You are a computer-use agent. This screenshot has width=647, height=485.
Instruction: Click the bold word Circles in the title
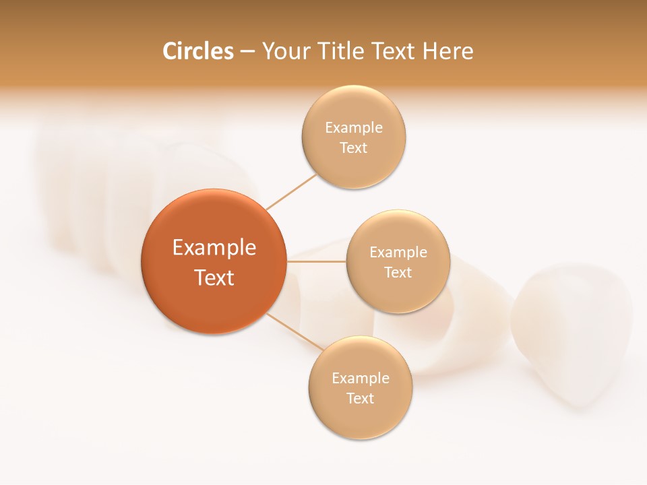(x=197, y=51)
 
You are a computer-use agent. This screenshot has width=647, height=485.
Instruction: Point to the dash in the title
(x=247, y=52)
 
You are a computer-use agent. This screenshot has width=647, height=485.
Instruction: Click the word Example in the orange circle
(x=214, y=248)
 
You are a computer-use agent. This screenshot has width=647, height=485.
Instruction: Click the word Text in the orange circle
(x=214, y=278)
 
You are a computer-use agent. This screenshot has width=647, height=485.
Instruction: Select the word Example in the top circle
(x=354, y=127)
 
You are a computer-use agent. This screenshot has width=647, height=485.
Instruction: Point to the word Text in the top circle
(x=354, y=148)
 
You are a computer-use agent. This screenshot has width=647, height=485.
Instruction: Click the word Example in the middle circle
(x=398, y=252)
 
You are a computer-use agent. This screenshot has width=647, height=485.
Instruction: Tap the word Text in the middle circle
(x=398, y=272)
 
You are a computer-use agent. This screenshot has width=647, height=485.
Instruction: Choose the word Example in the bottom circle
(x=361, y=378)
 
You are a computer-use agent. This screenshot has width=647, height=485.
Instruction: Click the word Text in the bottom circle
(x=361, y=398)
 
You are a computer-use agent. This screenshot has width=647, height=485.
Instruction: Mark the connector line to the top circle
(x=291, y=192)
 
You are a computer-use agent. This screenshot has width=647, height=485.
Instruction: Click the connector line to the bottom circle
(x=293, y=331)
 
